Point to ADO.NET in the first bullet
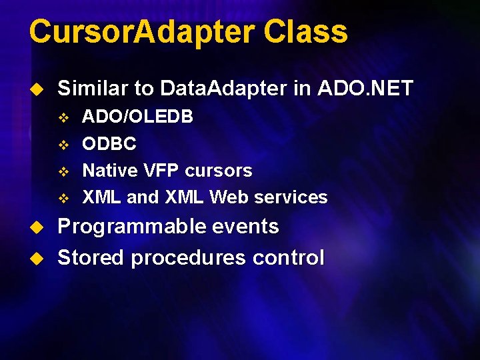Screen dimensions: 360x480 pyautogui.click(x=365, y=88)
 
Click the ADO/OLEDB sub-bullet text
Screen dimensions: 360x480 pyautogui.click(x=138, y=117)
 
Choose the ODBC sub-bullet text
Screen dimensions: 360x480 pyautogui.click(x=109, y=144)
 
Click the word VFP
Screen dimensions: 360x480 pyautogui.click(x=162, y=171)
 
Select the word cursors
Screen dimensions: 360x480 pyautogui.click(x=219, y=171)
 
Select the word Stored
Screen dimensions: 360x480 pyautogui.click(x=91, y=257)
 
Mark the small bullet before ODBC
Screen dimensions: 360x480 pyautogui.click(x=64, y=145)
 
